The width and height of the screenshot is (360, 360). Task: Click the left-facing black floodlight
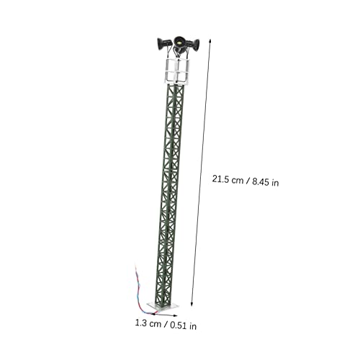[163, 44]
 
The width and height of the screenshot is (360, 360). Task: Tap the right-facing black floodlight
[194, 45]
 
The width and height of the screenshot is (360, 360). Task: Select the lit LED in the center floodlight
[179, 42]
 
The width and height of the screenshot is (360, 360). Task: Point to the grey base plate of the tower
[163, 306]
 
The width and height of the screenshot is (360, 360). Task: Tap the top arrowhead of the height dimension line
[210, 41]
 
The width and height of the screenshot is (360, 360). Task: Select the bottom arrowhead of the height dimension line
[192, 304]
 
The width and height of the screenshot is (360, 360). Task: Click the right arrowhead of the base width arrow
[175, 316]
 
